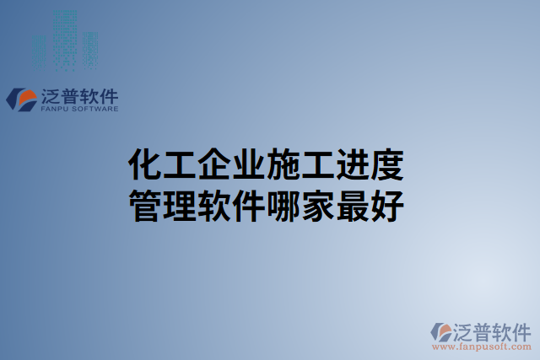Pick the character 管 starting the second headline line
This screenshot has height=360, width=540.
pos(143,204)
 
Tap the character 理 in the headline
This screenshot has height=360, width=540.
pos(177,204)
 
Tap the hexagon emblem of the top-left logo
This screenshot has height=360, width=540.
pos(21,99)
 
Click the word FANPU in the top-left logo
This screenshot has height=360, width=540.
pos(56,109)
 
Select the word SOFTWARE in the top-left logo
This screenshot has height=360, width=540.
pos(95,109)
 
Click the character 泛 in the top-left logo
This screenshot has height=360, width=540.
pos(51,95)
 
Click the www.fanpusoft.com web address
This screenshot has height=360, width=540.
pos(482,346)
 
